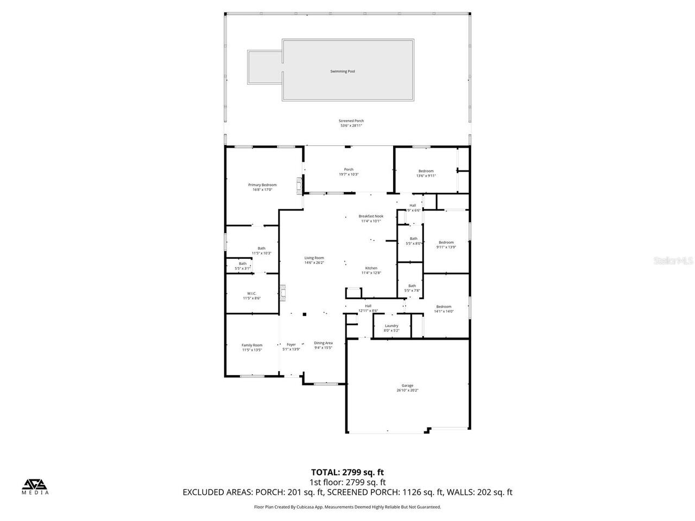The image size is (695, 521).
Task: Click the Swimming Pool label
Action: (x=343, y=71)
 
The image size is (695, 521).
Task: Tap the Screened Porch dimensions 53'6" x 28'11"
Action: (x=351, y=126)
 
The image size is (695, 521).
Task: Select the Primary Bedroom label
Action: (x=262, y=185)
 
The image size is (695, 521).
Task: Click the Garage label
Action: (x=407, y=386)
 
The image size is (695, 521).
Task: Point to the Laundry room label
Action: (x=391, y=326)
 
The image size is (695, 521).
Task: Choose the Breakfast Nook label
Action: (x=371, y=216)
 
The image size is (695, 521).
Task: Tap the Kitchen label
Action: (x=371, y=268)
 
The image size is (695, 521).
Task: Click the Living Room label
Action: (x=314, y=258)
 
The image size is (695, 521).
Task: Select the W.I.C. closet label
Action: (x=251, y=294)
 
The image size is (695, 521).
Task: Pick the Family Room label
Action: (x=252, y=345)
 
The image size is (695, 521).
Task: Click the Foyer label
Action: (x=291, y=345)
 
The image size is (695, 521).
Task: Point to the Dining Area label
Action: (x=323, y=343)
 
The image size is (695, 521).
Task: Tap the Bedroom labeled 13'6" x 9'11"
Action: (x=426, y=171)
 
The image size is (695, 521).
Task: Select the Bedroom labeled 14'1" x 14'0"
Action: (x=444, y=307)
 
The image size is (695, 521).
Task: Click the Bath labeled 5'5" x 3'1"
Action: (x=242, y=264)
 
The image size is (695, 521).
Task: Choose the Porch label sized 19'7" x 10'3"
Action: (x=349, y=169)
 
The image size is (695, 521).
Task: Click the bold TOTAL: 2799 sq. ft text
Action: (x=347, y=472)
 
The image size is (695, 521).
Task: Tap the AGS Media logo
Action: (x=35, y=486)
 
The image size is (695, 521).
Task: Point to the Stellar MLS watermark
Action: (x=673, y=260)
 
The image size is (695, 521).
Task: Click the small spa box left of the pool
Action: (x=264, y=67)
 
